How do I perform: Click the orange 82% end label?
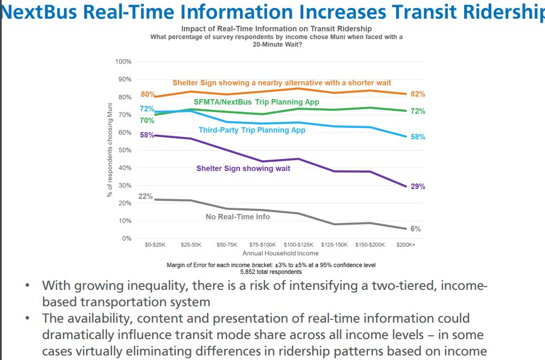[418, 94]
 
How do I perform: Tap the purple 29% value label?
[418, 186]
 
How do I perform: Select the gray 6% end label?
[415, 229]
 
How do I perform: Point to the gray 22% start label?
[145, 196]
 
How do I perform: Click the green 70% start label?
[147, 121]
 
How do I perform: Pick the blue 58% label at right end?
[418, 137]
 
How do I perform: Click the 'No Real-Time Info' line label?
[237, 216]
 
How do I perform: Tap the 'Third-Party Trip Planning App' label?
[252, 130]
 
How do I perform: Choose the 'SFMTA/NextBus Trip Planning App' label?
[256, 102]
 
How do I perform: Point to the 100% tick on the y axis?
[123, 61]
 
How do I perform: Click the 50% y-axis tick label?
[125, 150]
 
